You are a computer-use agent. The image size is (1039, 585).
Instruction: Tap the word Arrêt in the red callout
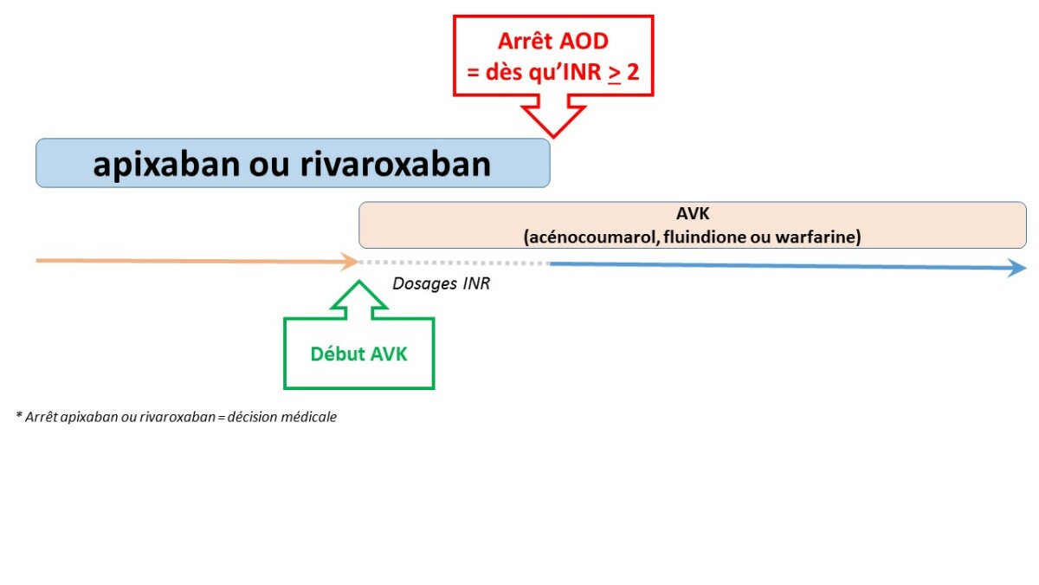[x=525, y=41]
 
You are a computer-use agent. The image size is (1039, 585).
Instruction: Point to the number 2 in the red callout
[x=633, y=72]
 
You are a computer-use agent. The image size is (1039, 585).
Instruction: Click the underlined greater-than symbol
[x=614, y=73]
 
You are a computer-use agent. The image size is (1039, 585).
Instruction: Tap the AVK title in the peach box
[x=692, y=213]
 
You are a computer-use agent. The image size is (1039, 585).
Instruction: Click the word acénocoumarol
[x=588, y=237]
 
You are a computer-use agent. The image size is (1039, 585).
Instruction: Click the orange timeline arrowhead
[x=351, y=261]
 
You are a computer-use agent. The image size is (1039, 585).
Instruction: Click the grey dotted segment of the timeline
[x=455, y=263]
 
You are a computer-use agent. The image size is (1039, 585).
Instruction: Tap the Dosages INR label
[x=441, y=283]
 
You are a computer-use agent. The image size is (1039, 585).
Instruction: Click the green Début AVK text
[x=358, y=354]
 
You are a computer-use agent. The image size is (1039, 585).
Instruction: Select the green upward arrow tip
[x=358, y=283]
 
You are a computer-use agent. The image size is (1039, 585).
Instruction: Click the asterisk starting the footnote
[x=18, y=416]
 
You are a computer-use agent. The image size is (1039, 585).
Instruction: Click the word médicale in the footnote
[x=309, y=417]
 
